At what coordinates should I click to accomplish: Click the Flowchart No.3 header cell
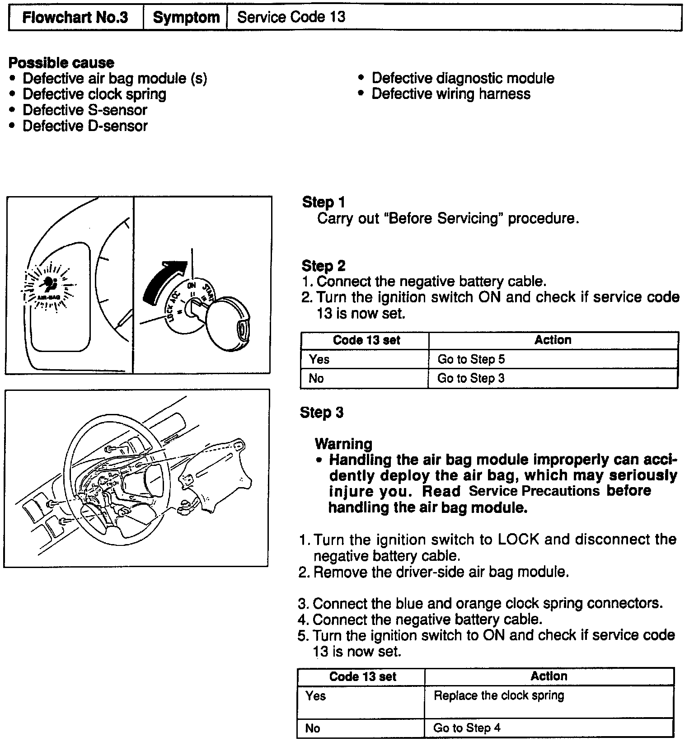pyautogui.click(x=75, y=18)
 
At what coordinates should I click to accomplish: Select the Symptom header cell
pyautogui.click(x=186, y=18)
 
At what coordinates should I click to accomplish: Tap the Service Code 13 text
pyautogui.click(x=291, y=18)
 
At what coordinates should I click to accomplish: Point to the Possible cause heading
pyautogui.click(x=61, y=62)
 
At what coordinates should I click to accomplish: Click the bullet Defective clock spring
pyautogui.click(x=94, y=94)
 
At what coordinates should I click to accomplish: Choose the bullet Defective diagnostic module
pyautogui.click(x=462, y=78)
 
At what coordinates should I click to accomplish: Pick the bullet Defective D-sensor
pyautogui.click(x=85, y=126)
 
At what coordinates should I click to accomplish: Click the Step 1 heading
pyautogui.click(x=324, y=202)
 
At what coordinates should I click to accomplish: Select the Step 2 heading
pyautogui.click(x=324, y=266)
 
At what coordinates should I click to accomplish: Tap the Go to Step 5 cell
pyautogui.click(x=471, y=359)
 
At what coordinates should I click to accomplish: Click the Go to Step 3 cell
pyautogui.click(x=470, y=378)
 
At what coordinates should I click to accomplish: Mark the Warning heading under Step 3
pyautogui.click(x=343, y=444)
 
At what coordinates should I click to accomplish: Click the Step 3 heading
pyautogui.click(x=322, y=412)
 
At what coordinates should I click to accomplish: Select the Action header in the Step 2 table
pyautogui.click(x=553, y=340)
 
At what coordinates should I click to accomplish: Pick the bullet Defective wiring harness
pyautogui.click(x=450, y=94)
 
